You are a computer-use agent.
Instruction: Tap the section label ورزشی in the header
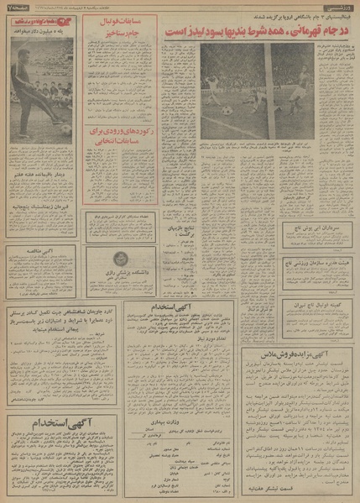341,8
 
